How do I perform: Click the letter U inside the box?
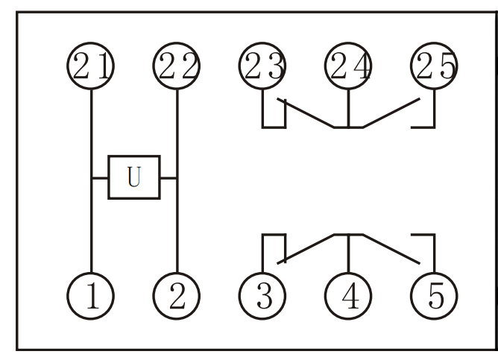134,177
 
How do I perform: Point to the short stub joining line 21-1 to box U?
100,178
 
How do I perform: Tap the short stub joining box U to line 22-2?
168,178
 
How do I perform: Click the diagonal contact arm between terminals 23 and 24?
306,113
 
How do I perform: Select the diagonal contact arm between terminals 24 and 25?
391,113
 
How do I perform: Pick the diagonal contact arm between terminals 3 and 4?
306,249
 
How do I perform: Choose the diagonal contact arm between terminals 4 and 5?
391,249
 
